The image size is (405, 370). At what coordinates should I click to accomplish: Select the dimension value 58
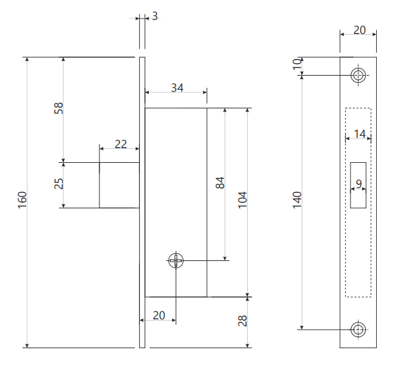59,108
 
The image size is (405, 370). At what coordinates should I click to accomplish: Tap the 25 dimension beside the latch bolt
59,184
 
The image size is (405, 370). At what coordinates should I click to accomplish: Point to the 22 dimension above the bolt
120,144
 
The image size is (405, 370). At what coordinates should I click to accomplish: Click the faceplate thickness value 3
155,16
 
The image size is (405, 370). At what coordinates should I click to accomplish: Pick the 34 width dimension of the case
177,88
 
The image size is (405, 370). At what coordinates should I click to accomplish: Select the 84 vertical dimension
220,183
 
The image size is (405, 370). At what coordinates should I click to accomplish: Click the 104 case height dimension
242,200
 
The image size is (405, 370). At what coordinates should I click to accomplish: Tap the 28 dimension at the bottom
243,321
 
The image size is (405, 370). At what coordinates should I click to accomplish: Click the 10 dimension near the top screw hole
297,64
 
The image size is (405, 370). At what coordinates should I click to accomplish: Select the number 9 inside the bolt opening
359,184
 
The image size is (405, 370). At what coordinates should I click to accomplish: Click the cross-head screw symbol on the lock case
176,260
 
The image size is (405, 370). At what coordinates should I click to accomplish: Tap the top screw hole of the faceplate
359,75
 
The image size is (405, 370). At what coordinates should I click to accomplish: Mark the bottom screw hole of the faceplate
359,330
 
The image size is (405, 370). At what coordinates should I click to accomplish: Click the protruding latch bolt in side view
119,185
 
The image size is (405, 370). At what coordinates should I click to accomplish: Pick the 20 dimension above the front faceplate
358,29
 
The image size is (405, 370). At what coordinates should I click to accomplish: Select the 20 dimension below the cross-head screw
159,315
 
